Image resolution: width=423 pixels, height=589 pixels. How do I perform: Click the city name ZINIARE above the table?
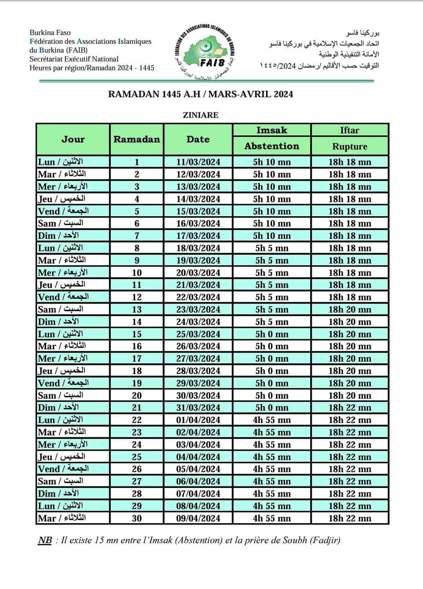[201, 115]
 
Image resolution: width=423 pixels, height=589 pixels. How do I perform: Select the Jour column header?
[73, 139]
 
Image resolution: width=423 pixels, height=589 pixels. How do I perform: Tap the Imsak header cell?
[271, 130]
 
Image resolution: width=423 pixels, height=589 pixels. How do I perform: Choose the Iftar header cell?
[349, 130]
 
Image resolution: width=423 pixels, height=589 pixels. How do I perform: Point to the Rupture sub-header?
[349, 146]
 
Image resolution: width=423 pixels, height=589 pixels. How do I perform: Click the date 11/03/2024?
[198, 162]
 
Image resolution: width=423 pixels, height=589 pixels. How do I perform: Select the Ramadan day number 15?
[137, 334]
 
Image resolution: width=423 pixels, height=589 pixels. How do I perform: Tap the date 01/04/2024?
[198, 420]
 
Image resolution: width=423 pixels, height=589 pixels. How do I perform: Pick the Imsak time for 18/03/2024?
[271, 248]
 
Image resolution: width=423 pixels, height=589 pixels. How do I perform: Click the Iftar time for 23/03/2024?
[349, 309]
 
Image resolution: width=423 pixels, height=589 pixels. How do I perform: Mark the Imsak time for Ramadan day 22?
[271, 420]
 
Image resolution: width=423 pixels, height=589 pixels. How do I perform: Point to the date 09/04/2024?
[198, 518]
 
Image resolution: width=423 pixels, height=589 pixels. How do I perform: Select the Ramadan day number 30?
[137, 518]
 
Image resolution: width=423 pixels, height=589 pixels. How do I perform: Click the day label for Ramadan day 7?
[58, 236]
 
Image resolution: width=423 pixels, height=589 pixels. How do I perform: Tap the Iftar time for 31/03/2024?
[349, 408]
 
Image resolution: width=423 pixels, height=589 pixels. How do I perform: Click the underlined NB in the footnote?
[45, 540]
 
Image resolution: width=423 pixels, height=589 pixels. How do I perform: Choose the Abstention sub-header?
[271, 146]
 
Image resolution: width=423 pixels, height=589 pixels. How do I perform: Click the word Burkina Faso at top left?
[50, 33]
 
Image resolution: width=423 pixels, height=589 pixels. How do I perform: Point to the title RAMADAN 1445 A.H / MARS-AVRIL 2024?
[201, 94]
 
